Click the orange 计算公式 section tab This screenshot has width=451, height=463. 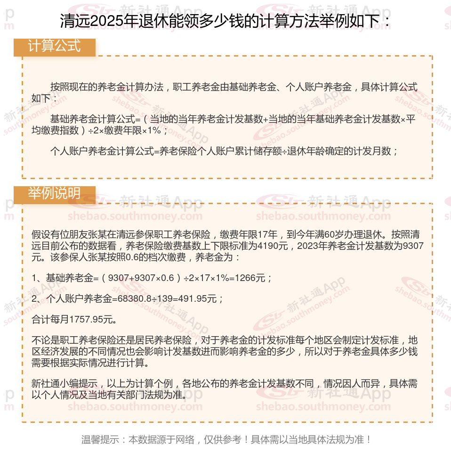click(x=54, y=47)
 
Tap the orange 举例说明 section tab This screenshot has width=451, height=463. click(x=54, y=194)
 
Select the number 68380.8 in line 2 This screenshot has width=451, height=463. click(x=129, y=299)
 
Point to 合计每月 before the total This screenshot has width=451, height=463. click(x=50, y=320)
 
